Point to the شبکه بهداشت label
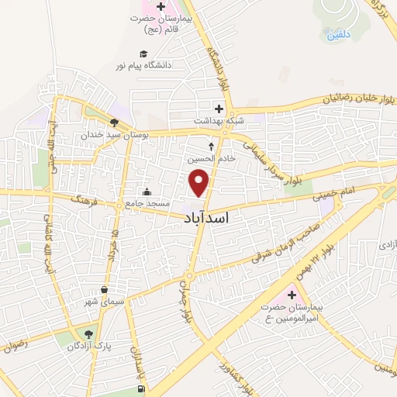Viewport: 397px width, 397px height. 220,121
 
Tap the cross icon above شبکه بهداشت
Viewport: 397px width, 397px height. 219,109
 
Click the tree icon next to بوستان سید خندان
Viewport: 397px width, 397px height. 114,123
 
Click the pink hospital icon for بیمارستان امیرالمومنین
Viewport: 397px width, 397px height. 292,295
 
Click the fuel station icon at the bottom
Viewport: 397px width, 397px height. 140,388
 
